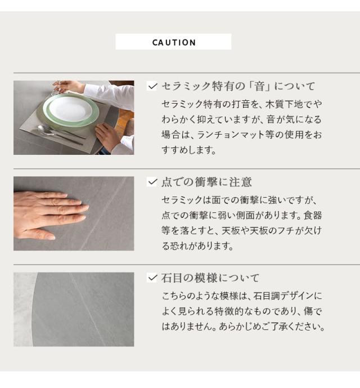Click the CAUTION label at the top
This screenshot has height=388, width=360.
pos(174,42)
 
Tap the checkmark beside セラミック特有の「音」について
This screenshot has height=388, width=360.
pos(152,86)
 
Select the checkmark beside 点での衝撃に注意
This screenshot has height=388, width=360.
pos(152,182)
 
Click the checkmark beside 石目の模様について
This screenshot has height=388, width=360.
pos(152,278)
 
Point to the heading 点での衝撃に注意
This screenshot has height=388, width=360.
pos(206,182)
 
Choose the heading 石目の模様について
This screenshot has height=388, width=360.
pos(210,278)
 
